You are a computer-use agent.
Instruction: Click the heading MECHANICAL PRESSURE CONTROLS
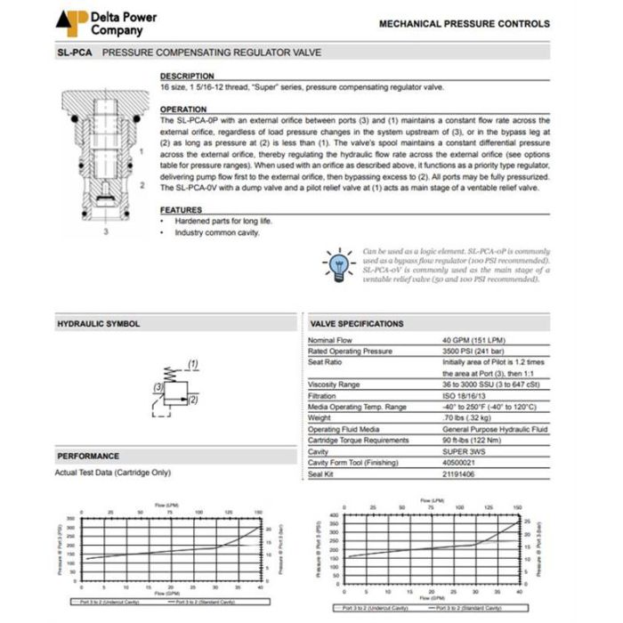coord(465,24)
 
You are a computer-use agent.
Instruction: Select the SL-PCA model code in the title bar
coord(76,53)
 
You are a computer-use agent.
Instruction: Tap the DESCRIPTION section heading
coord(187,77)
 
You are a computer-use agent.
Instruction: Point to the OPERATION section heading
coord(183,109)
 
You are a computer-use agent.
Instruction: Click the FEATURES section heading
coord(181,210)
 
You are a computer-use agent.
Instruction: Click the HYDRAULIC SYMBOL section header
coord(99,324)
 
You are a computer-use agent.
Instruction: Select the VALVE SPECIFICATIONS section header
coord(357,324)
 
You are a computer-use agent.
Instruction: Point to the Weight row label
coord(320,417)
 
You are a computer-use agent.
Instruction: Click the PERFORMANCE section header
coord(88,456)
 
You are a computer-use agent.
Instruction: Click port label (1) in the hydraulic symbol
coord(192,365)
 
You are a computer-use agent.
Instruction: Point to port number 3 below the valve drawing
coord(106,232)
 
